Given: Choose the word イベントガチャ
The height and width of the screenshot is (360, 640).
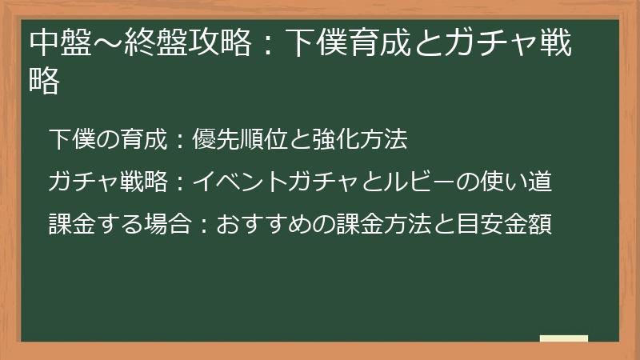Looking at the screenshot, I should click(x=265, y=182).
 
